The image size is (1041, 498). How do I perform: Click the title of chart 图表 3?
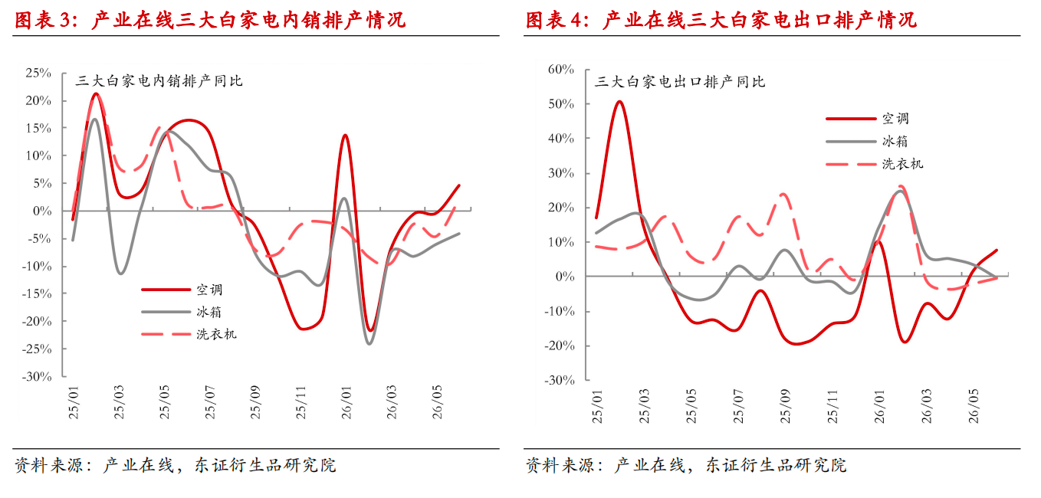210,20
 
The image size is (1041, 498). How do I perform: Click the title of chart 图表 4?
721,20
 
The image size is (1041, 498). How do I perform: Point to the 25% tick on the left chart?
38,74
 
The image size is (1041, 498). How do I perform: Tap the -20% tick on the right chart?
559,346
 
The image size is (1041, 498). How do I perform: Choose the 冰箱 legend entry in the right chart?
895,141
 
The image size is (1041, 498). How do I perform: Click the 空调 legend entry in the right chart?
895,119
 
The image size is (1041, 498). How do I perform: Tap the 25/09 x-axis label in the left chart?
255,403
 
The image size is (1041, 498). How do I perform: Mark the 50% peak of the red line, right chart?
619,102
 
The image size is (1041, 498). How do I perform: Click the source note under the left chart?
176,465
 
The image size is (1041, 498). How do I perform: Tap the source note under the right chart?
686,465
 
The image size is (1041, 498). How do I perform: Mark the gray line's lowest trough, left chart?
369,343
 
